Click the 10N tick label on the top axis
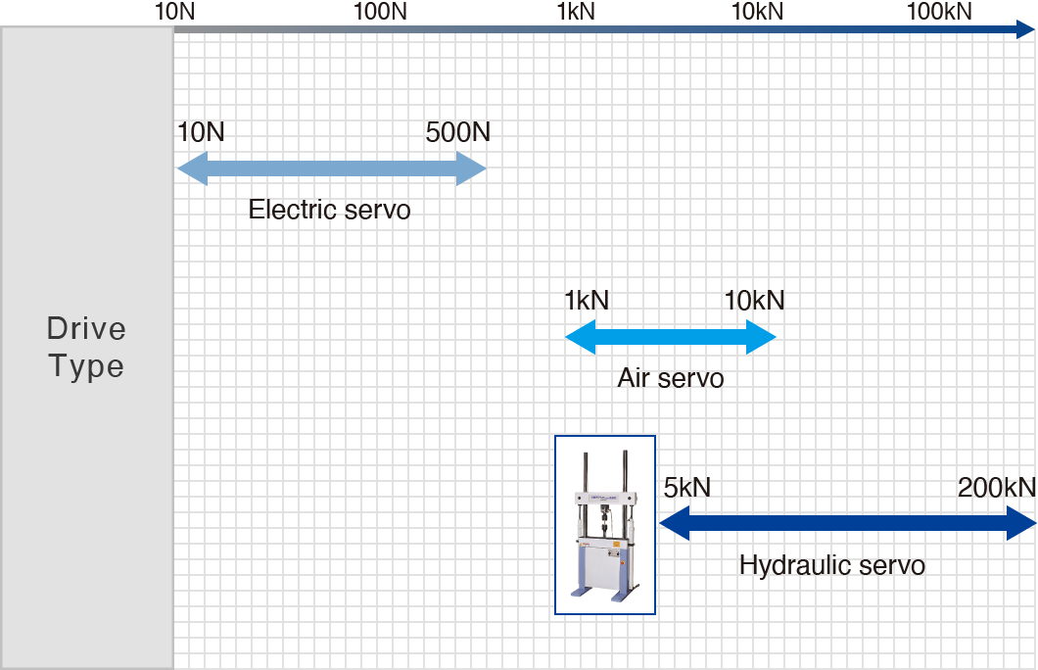pyautogui.click(x=175, y=12)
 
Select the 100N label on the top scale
pyautogui.click(x=380, y=12)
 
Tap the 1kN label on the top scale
pyautogui.click(x=576, y=12)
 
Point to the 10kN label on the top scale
pyautogui.click(x=758, y=12)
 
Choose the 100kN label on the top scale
pyautogui.click(x=940, y=12)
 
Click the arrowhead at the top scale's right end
pyautogui.click(x=1026, y=30)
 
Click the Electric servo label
pyautogui.click(x=329, y=210)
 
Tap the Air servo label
pyautogui.click(x=671, y=378)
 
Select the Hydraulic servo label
pyautogui.click(x=832, y=565)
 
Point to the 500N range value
pyautogui.click(x=458, y=132)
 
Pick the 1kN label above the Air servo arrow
pyautogui.click(x=587, y=301)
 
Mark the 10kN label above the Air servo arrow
pyautogui.click(x=755, y=301)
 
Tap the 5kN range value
pyautogui.click(x=686, y=487)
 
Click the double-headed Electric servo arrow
pyautogui.click(x=331, y=169)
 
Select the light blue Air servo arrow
pyautogui.click(x=671, y=338)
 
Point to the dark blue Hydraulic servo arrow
pyautogui.click(x=847, y=524)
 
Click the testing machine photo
pyautogui.click(x=605, y=525)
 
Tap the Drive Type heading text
pyautogui.click(x=87, y=348)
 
